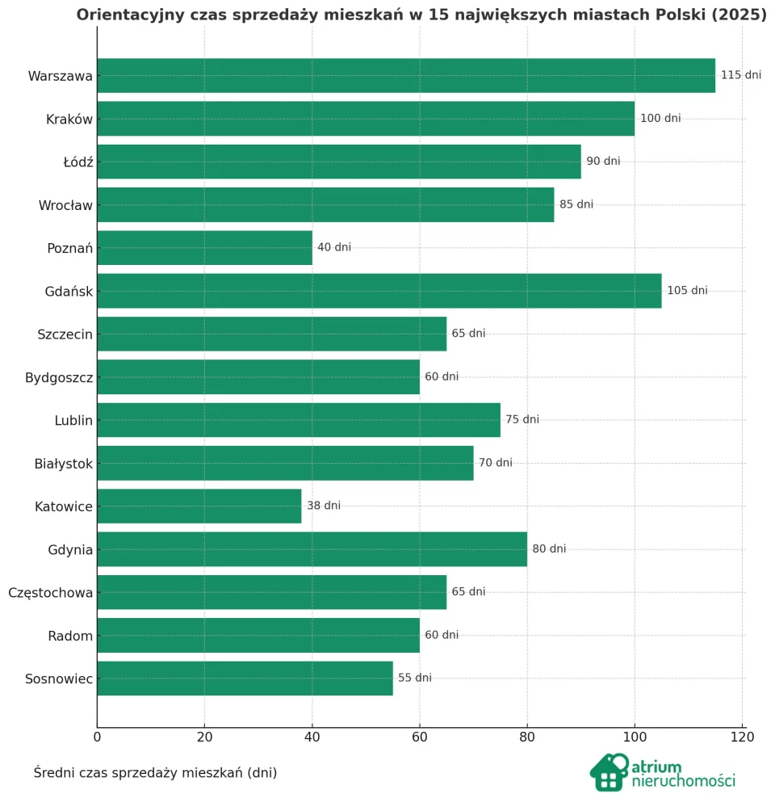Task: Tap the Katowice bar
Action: [x=199, y=506]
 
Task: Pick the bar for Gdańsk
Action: [x=379, y=291]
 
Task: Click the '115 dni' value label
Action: [x=740, y=75]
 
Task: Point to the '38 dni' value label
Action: [x=323, y=506]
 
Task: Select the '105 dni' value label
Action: [x=687, y=291]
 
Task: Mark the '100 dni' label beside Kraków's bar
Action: [x=660, y=119]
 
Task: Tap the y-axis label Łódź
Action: [x=78, y=162]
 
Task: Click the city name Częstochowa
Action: [x=50, y=593]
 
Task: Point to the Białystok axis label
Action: [x=64, y=464]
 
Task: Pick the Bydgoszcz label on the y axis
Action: [x=59, y=377]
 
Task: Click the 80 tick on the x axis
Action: [x=527, y=737]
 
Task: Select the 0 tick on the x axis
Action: [x=97, y=737]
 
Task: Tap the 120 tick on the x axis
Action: [x=742, y=737]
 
